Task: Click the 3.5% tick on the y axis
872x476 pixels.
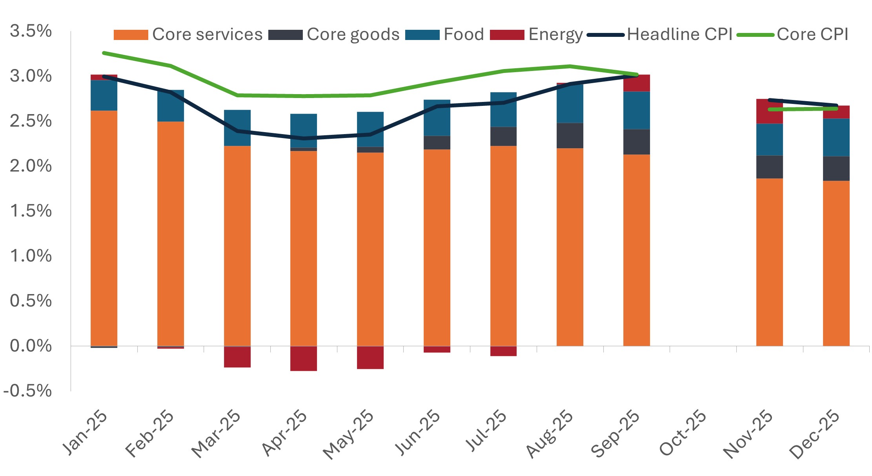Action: click(x=31, y=31)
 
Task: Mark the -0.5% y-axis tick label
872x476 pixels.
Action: click(x=27, y=391)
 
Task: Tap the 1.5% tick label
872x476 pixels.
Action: click(x=31, y=211)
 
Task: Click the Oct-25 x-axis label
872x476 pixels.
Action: click(x=683, y=433)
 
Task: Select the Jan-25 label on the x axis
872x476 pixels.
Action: click(x=85, y=433)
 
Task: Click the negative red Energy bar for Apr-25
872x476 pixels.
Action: click(x=304, y=358)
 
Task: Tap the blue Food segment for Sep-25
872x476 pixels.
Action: click(x=637, y=110)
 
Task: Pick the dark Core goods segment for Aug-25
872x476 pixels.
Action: click(x=570, y=135)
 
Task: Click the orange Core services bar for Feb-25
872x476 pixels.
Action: click(x=171, y=234)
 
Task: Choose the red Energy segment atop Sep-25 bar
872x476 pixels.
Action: click(x=637, y=83)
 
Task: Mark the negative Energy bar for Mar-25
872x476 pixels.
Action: click(x=237, y=357)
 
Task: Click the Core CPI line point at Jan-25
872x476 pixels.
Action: click(x=104, y=53)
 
